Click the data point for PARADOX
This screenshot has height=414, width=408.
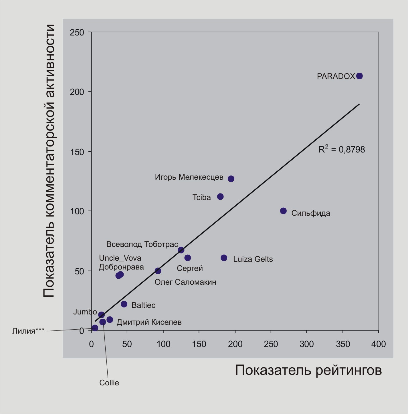(x=359, y=76)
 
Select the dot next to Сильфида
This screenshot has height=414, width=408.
(x=283, y=211)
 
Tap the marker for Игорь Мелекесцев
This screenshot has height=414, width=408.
(x=231, y=179)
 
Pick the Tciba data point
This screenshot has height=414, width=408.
(x=220, y=197)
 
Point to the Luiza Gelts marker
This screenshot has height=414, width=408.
(x=224, y=258)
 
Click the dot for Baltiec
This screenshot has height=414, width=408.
(x=124, y=304)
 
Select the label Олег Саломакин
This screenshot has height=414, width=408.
(x=185, y=282)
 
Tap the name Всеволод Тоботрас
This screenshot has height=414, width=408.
(x=142, y=244)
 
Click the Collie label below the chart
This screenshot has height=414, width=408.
(x=109, y=383)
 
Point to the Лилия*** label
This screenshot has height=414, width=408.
(x=28, y=331)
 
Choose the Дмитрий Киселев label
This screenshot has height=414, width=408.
(x=149, y=322)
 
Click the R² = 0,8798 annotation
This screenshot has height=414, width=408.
(x=342, y=149)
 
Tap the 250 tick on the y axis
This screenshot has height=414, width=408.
(x=77, y=32)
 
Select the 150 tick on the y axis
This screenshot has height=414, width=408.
(x=77, y=152)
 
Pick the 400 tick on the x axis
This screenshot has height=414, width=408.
(x=378, y=344)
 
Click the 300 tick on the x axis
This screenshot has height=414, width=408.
(x=306, y=344)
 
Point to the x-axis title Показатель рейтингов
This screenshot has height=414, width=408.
(x=308, y=370)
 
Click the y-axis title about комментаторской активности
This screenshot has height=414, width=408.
(x=49, y=161)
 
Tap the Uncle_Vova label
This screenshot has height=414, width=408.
(x=120, y=258)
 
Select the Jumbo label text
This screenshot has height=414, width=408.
(x=85, y=312)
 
